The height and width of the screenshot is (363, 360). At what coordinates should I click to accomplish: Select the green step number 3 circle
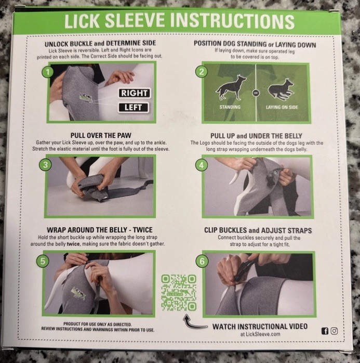click(x=46, y=165)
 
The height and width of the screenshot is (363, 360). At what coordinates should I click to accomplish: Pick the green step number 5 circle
click(x=46, y=261)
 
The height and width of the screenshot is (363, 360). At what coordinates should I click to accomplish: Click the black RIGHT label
click(x=135, y=94)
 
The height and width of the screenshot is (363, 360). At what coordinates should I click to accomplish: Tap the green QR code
click(x=178, y=293)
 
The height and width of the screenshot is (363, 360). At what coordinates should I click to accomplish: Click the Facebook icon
click(x=325, y=331)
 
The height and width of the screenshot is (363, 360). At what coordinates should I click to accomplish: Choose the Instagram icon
click(x=334, y=331)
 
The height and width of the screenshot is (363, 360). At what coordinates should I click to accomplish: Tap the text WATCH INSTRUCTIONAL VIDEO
click(x=260, y=326)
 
